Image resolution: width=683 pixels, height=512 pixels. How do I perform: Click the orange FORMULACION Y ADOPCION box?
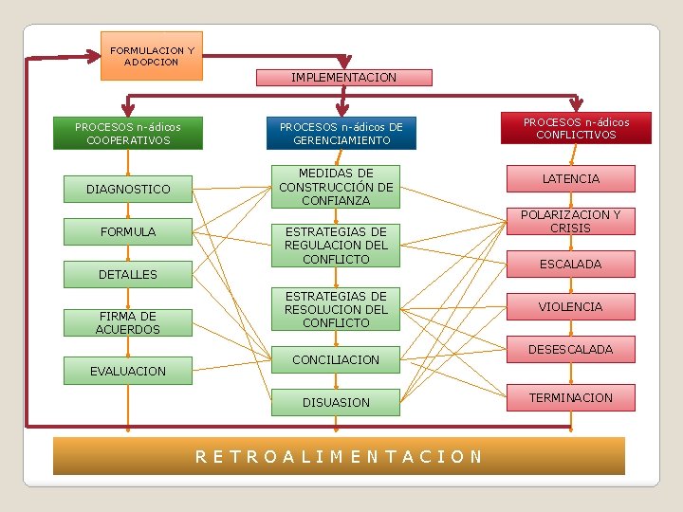(152, 56)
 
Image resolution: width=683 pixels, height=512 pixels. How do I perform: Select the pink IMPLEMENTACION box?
(343, 78)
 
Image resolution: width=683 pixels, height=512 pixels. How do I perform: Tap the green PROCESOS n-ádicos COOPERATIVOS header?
(128, 133)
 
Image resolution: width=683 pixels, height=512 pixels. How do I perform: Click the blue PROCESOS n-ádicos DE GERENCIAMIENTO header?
(341, 134)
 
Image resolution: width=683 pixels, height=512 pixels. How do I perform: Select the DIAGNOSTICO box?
(128, 190)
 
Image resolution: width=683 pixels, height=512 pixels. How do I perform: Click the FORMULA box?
(128, 231)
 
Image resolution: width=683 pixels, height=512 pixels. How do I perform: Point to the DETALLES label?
(128, 274)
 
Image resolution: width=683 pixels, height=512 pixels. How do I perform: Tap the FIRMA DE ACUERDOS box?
(128, 322)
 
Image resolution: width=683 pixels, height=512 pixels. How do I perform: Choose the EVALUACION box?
(128, 371)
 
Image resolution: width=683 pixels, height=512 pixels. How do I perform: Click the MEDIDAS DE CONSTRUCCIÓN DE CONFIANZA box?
(335, 187)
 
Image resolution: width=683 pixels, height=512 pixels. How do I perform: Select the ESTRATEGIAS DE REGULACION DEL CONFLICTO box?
(335, 246)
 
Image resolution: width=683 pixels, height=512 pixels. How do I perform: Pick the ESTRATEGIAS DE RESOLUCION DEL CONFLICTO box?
(335, 310)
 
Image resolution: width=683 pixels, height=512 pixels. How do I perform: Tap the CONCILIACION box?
(335, 359)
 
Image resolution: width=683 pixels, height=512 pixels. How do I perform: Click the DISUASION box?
(335, 403)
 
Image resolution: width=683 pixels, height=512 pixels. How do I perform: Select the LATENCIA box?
(570, 178)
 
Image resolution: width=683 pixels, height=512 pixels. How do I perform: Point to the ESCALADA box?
(570, 264)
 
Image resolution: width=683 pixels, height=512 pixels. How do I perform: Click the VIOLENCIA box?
(570, 306)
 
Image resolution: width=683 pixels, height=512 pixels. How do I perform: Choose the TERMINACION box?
(570, 397)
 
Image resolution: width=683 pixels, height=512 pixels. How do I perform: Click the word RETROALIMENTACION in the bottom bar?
(339, 456)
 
